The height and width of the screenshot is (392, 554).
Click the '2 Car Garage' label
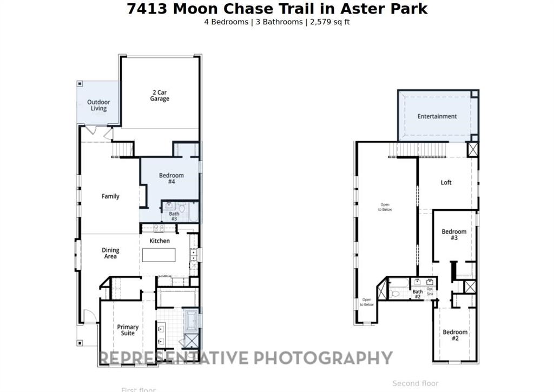160,96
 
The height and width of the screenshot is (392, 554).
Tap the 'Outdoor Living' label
98,105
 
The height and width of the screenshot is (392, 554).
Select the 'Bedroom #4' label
171,178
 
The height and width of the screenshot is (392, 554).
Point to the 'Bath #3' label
174,216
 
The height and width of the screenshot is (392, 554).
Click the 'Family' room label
110,196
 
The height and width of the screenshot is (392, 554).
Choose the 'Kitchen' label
160,241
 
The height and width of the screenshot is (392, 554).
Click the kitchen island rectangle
159,255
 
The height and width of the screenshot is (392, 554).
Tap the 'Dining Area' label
110,253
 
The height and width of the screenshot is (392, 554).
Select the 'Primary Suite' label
128,330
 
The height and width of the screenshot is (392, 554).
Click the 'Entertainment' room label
437,116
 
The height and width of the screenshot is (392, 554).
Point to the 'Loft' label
446,183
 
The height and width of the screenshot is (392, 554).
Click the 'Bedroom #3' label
454,235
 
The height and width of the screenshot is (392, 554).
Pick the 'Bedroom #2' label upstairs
454,335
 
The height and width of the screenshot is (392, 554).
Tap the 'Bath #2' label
418,294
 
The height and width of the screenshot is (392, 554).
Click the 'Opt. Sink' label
430,291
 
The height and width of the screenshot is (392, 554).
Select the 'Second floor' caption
415,383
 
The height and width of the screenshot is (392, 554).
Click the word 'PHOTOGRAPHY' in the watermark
323,358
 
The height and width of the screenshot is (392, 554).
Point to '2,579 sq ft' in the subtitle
329,22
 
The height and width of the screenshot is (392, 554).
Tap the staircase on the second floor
420,149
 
